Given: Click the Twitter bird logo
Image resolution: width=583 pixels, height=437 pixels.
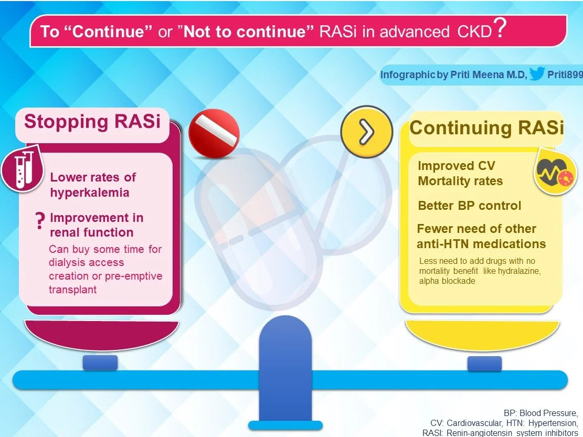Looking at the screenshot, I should pyautogui.click(x=536, y=75).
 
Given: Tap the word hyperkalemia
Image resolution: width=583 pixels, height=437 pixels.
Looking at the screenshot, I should pyautogui.click(x=89, y=193).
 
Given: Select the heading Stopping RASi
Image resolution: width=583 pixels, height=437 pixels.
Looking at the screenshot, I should pyautogui.click(x=92, y=121).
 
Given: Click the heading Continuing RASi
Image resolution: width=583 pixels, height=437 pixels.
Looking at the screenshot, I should pyautogui.click(x=486, y=127).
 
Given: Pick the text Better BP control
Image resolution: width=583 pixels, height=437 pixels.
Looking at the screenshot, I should pyautogui.click(x=469, y=205).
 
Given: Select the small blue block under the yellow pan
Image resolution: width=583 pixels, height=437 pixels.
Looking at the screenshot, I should pyautogui.click(x=484, y=363).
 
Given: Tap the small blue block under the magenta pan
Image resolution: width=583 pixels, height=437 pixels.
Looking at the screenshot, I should pyautogui.click(x=100, y=362).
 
